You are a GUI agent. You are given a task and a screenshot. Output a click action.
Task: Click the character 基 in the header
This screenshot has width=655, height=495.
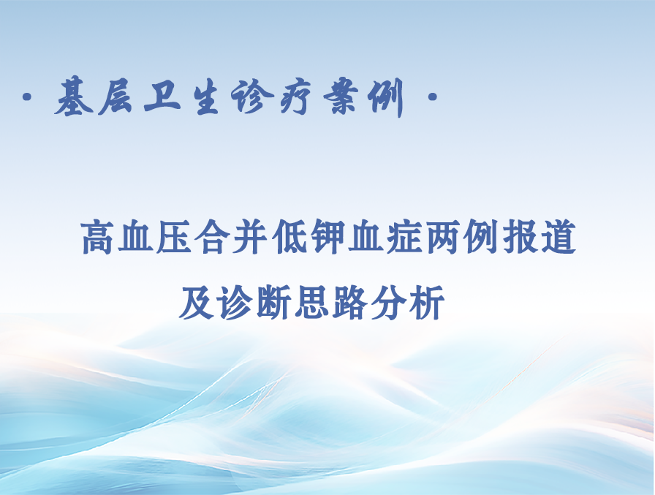tap(75, 97)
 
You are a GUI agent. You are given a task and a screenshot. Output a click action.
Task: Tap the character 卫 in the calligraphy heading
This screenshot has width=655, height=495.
tap(162, 97)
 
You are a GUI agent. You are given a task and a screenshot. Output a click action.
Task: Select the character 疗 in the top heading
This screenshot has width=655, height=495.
tap(296, 97)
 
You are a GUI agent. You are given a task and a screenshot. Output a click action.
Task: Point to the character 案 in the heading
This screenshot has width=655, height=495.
tap(341, 97)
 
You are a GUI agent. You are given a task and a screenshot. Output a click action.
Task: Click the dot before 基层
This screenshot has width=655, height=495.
tap(28, 97)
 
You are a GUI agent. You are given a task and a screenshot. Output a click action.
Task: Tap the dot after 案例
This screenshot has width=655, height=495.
tap(432, 97)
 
